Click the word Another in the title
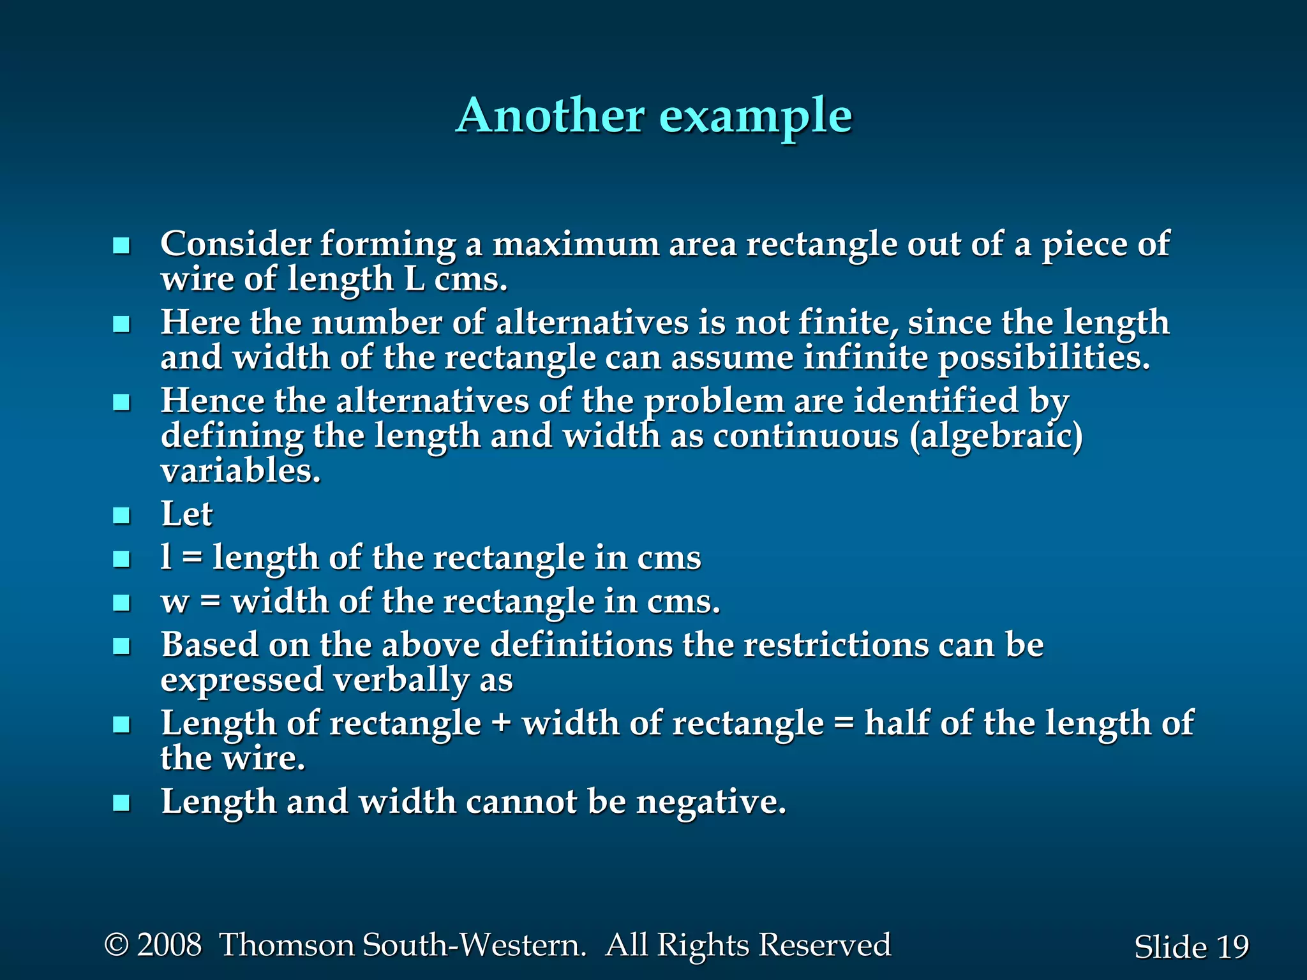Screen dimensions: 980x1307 tap(550, 116)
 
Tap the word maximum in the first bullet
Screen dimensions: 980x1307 tap(576, 244)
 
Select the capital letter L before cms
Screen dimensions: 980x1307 tap(415, 279)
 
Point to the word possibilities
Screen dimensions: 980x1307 tap(1043, 357)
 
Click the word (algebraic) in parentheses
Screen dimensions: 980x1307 tap(996, 436)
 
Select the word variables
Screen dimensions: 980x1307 tap(240, 471)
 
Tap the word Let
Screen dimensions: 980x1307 tap(186, 514)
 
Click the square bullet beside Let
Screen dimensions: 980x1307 tap(121, 516)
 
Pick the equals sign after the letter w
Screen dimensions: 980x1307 tap(210, 602)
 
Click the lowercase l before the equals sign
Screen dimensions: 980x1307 tap(166, 557)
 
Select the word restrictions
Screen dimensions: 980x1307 tap(836, 644)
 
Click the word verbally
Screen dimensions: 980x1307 tap(401, 679)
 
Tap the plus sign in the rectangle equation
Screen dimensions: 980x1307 tap(502, 724)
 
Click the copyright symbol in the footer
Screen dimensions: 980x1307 tap(116, 945)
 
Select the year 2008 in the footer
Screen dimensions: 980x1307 tap(170, 945)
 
